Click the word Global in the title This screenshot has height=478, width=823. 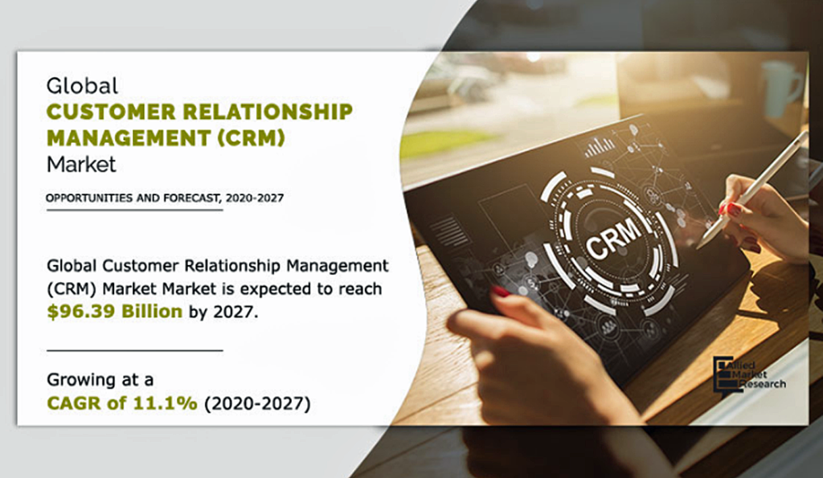[x=82, y=85]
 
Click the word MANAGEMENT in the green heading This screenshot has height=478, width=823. [x=129, y=137]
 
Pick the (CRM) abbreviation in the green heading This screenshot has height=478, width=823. [x=252, y=137]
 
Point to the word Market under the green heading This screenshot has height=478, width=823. [x=81, y=164]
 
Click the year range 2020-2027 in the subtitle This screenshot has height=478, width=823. [x=255, y=198]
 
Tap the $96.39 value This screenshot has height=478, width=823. [x=81, y=312]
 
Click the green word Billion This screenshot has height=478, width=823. [x=152, y=311]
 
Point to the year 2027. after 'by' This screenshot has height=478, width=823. [x=235, y=312]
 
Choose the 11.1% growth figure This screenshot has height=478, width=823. [x=165, y=403]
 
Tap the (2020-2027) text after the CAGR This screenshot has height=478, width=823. [x=257, y=403]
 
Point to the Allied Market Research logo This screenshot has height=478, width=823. [x=749, y=374]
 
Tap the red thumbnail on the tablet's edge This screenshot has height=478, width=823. [x=501, y=292]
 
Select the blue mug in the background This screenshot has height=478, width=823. [x=782, y=88]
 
